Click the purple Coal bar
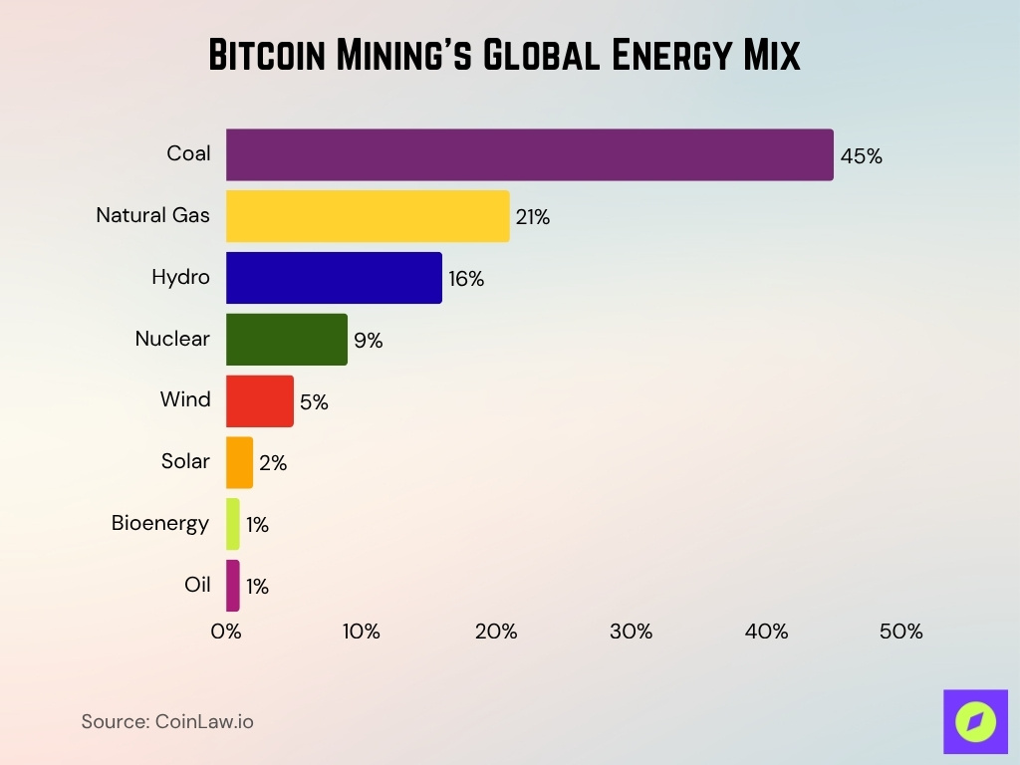pyautogui.click(x=529, y=154)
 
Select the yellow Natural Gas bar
pyautogui.click(x=368, y=216)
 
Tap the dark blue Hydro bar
pyautogui.click(x=334, y=278)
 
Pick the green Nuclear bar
pyautogui.click(x=287, y=340)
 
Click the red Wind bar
pyautogui.click(x=260, y=400)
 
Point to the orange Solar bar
pyautogui.click(x=239, y=462)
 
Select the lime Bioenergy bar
pyautogui.click(x=233, y=524)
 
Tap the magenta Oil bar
pyautogui.click(x=233, y=586)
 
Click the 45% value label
pyautogui.click(x=861, y=156)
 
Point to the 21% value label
pyautogui.click(x=533, y=217)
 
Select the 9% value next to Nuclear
pyautogui.click(x=368, y=341)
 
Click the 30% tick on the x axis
pyautogui.click(x=631, y=632)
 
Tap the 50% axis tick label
pyautogui.click(x=900, y=632)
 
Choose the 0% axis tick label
pyautogui.click(x=226, y=632)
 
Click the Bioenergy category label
pyautogui.click(x=160, y=523)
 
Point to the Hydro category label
pyautogui.click(x=180, y=277)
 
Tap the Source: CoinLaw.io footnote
pyautogui.click(x=167, y=721)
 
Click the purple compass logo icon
pyautogui.click(x=975, y=721)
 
